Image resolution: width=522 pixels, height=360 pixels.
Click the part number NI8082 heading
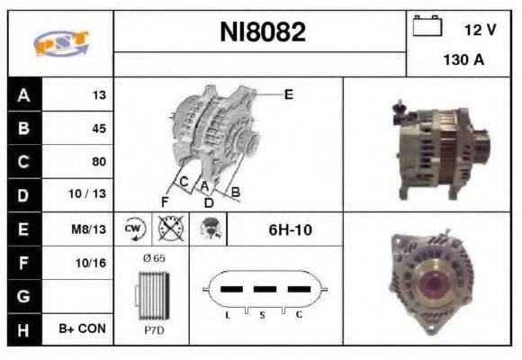pos(263,32)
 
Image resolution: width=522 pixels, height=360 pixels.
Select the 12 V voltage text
pos(480,30)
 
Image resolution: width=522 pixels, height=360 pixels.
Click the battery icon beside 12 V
pos(426,27)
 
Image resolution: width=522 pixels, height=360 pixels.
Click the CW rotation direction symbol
pos(134,229)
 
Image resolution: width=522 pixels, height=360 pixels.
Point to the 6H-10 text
pos(290,229)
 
